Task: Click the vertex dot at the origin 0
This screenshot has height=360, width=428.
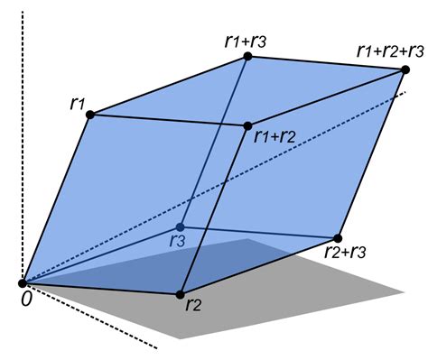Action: (22, 283)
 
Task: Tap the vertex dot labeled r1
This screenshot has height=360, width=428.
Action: (94, 114)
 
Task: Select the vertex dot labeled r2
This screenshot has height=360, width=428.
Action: (180, 294)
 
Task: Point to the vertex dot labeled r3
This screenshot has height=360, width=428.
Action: (180, 226)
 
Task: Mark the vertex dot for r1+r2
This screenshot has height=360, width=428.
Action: (247, 125)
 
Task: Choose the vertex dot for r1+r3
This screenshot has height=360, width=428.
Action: (247, 57)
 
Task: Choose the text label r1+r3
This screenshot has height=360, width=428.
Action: (245, 40)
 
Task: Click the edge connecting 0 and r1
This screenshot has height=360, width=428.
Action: (58, 198)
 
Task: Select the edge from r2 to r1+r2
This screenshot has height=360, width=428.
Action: (213, 210)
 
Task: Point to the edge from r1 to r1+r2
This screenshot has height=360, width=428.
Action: (170, 120)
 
